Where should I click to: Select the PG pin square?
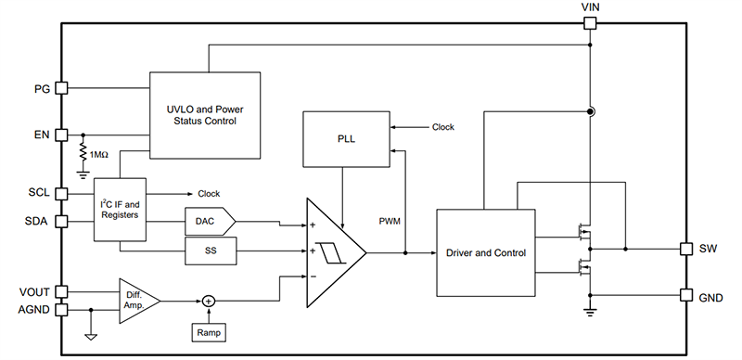coord(62,88)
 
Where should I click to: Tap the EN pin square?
coord(62,134)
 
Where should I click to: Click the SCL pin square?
coord(62,194)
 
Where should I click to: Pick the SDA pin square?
coord(62,222)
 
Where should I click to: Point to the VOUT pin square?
coord(62,290)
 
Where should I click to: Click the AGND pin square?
coord(62,310)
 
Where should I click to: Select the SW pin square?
coord(685,250)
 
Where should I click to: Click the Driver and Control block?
coord(485,252)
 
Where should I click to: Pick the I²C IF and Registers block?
coord(121,209)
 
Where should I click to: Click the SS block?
coord(210,251)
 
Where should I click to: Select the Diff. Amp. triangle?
coord(135,300)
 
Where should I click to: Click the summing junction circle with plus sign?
coord(209,300)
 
